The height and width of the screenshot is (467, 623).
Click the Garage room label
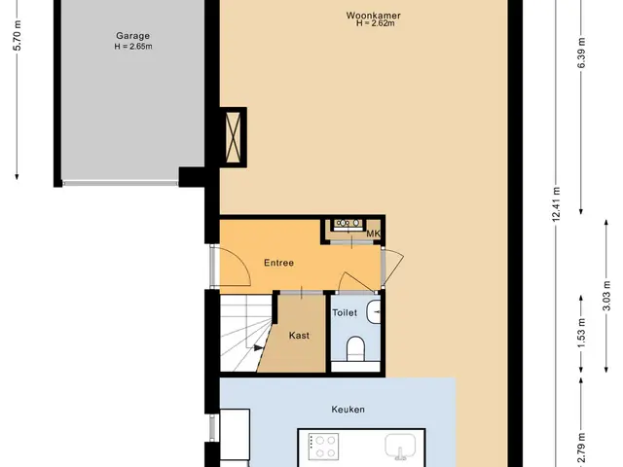(132, 36)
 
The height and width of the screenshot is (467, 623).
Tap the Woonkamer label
(373, 16)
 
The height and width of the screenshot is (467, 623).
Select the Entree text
(279, 263)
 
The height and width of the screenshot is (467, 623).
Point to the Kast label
(299, 336)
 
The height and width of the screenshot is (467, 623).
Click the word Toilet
(345, 313)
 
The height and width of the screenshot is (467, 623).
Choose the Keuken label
(348, 410)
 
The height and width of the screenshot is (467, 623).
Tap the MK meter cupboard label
(373, 233)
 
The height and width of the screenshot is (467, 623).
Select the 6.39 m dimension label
(581, 54)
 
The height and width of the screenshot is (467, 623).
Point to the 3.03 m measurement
(606, 296)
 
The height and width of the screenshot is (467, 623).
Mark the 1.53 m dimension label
(581, 333)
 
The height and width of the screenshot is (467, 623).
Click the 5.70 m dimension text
(18, 35)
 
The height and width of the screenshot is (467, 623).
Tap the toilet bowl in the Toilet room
(355, 348)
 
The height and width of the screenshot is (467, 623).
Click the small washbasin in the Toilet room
(374, 311)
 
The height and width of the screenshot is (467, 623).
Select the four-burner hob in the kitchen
(324, 446)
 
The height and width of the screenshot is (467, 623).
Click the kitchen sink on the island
(400, 446)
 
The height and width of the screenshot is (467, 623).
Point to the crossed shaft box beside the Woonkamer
(233, 137)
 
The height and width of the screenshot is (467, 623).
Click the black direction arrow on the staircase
(259, 348)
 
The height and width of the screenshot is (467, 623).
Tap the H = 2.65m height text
(133, 47)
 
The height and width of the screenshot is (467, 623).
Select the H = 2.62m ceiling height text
(375, 23)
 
